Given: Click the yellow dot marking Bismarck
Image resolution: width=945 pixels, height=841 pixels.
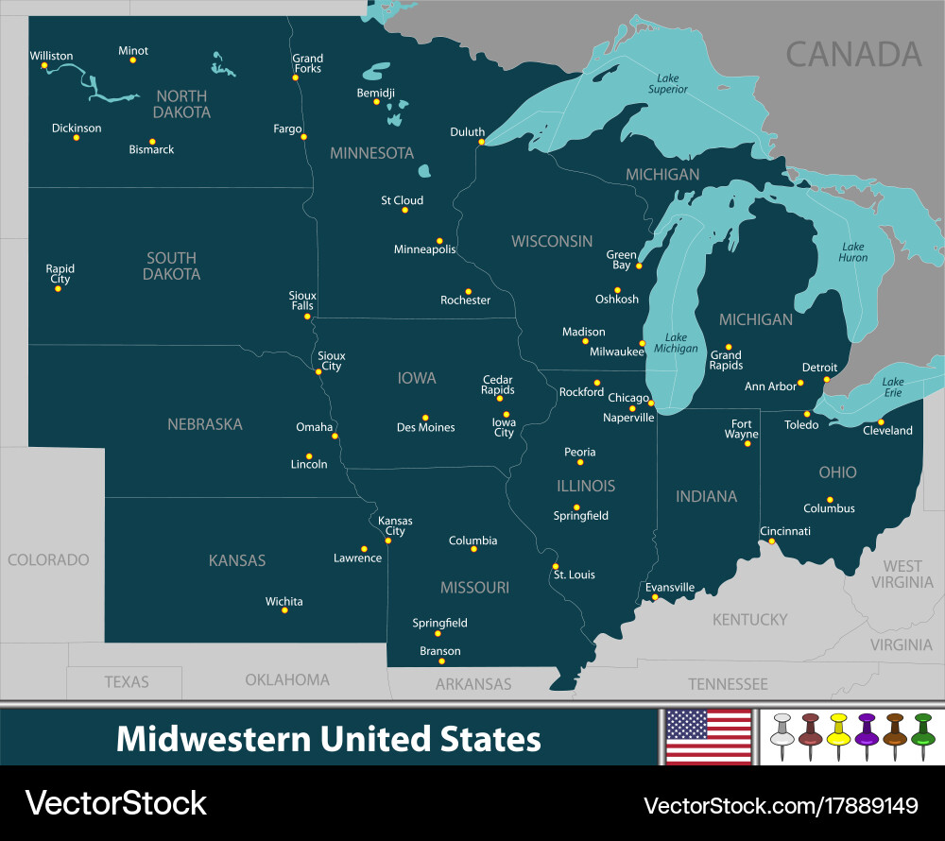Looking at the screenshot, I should pyautogui.click(x=152, y=141).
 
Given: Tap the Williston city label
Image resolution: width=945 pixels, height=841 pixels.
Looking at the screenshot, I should pyautogui.click(x=51, y=56).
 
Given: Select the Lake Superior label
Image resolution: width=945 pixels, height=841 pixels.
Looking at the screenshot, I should pyautogui.click(x=667, y=83).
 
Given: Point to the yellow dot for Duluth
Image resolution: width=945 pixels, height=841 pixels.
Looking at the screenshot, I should pyautogui.click(x=481, y=142).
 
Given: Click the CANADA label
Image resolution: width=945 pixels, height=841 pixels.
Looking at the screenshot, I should pyautogui.click(x=853, y=55).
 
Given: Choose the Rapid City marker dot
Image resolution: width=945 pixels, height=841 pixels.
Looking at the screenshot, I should pyautogui.click(x=58, y=288).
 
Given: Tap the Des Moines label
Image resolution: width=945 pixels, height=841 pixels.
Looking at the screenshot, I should pyautogui.click(x=425, y=428).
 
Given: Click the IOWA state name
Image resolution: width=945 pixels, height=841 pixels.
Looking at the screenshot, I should pyautogui.click(x=417, y=378).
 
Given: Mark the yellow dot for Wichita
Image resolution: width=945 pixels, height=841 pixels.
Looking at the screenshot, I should pyautogui.click(x=284, y=610).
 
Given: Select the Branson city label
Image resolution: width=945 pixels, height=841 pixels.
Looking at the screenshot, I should pyautogui.click(x=440, y=651).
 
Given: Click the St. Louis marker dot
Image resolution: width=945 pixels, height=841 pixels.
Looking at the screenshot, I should pyautogui.click(x=556, y=566).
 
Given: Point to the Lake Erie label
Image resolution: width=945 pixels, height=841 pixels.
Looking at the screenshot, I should pyautogui.click(x=893, y=388).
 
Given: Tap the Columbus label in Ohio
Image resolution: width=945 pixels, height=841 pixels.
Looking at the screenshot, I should pyautogui.click(x=829, y=508).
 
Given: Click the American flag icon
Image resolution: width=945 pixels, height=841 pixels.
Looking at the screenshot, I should pyautogui.click(x=709, y=736).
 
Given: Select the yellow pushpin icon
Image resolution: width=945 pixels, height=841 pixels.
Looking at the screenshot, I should pyautogui.click(x=837, y=736).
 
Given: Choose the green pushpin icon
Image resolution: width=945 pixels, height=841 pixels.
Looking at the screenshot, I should pyautogui.click(x=922, y=736).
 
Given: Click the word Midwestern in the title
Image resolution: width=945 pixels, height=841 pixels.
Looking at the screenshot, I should pyautogui.click(x=213, y=738).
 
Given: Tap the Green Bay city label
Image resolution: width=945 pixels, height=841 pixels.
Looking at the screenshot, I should pyautogui.click(x=621, y=261).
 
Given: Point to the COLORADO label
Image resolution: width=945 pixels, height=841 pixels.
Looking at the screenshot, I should pyautogui.click(x=48, y=560).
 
